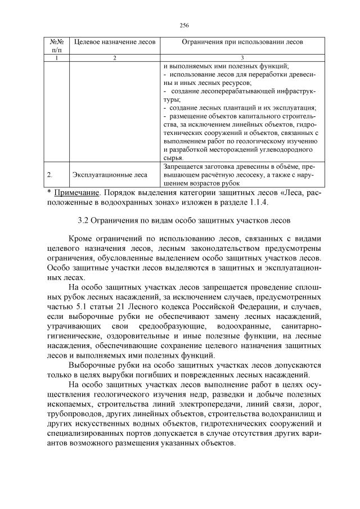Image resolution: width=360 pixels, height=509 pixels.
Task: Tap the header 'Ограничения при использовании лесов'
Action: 242,42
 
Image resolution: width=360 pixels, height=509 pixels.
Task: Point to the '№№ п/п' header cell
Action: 56,46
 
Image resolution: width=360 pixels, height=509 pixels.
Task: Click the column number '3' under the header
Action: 242,58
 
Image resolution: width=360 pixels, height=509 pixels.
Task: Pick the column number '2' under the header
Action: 115,58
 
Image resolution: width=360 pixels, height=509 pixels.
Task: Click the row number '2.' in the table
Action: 50,175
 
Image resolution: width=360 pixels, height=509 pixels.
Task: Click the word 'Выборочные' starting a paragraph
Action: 90,365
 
